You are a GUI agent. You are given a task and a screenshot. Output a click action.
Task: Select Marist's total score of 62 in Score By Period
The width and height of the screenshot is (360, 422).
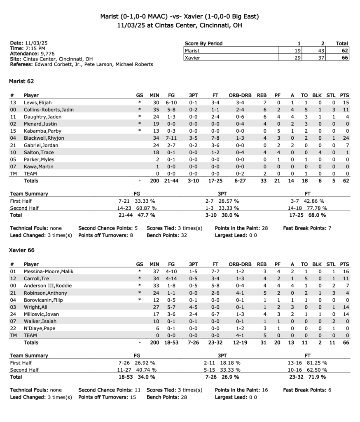(345, 51)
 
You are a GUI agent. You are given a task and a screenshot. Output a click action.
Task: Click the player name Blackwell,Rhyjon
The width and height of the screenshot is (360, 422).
(44, 138)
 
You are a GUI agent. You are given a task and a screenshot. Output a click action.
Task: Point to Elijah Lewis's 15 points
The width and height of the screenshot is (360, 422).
(346, 103)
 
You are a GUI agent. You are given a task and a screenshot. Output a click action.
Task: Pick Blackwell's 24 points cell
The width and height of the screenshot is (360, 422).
(346, 138)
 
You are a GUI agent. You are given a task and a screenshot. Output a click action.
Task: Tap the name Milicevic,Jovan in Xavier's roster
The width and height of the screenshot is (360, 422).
(41, 314)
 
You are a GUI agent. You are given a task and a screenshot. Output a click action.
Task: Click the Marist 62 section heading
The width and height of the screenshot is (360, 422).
(21, 81)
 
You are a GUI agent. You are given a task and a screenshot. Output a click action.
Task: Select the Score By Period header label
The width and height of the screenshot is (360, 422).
(203, 43)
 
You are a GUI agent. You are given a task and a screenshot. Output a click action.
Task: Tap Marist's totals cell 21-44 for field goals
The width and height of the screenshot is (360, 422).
(171, 181)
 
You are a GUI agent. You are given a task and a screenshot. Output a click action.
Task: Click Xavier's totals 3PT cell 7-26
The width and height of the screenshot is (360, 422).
(193, 342)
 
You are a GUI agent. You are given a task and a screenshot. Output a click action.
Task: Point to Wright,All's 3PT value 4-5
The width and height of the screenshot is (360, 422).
(193, 307)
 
